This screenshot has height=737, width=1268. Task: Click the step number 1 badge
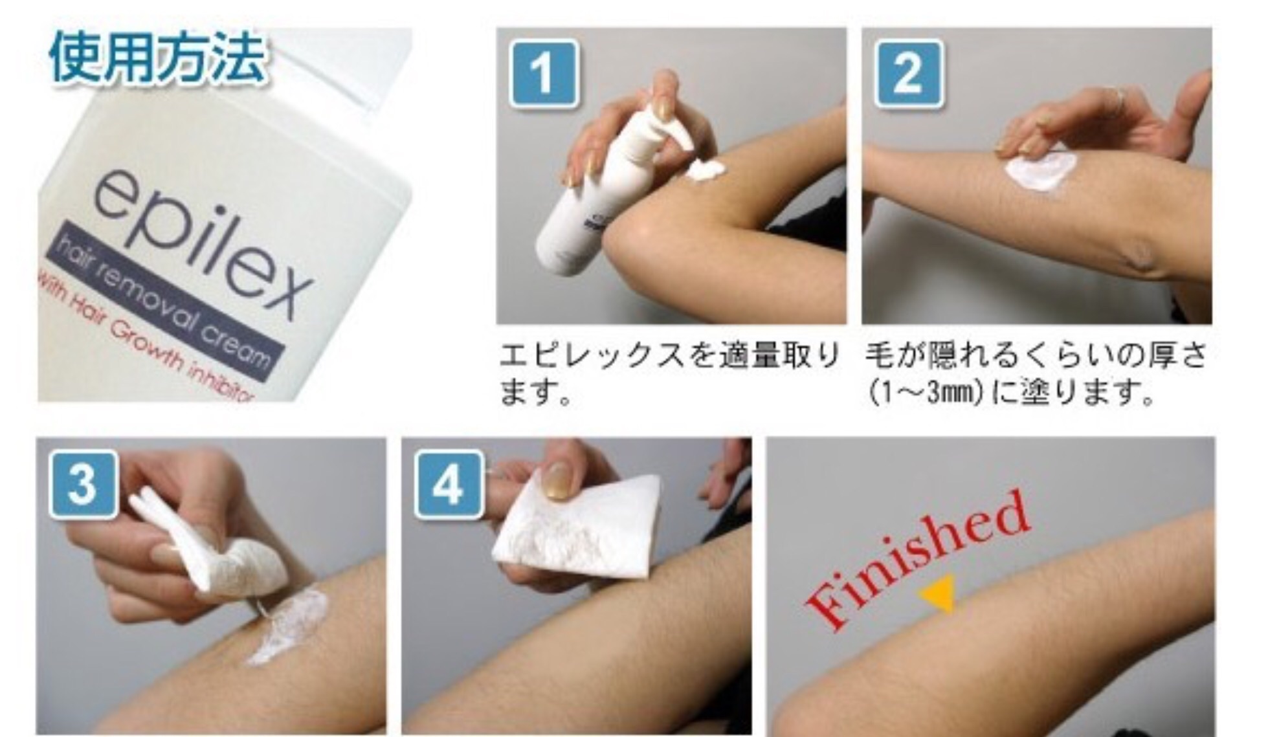544,73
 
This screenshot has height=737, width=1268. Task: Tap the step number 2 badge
909,73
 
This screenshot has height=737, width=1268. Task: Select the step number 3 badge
83,485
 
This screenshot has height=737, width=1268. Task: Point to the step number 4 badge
449,485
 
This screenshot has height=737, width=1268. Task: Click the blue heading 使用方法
157,58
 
